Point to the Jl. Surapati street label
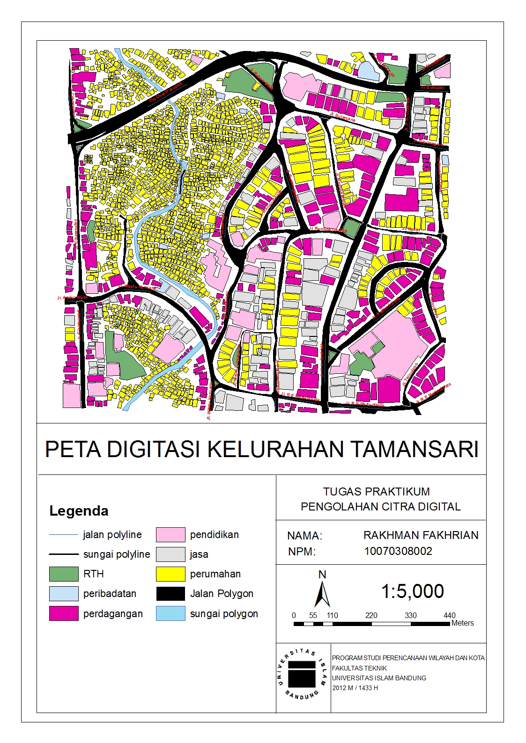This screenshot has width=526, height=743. (x=432, y=87)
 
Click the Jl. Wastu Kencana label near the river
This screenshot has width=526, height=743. (x=137, y=285)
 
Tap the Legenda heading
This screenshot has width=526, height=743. (x=79, y=510)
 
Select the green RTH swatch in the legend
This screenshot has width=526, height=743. (x=64, y=574)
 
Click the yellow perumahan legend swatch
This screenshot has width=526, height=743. (x=170, y=574)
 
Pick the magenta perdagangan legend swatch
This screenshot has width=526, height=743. (x=64, y=613)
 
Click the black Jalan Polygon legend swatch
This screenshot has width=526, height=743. (x=170, y=594)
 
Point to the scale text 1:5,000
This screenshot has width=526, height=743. (x=412, y=591)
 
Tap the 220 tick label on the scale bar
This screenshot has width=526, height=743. (x=371, y=615)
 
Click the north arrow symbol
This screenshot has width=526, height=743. (x=322, y=592)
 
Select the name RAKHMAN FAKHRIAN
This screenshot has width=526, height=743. (x=421, y=535)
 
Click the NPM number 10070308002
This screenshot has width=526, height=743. (x=398, y=551)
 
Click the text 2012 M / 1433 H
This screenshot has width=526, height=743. (x=355, y=688)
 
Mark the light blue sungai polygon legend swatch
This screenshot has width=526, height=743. (x=170, y=613)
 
